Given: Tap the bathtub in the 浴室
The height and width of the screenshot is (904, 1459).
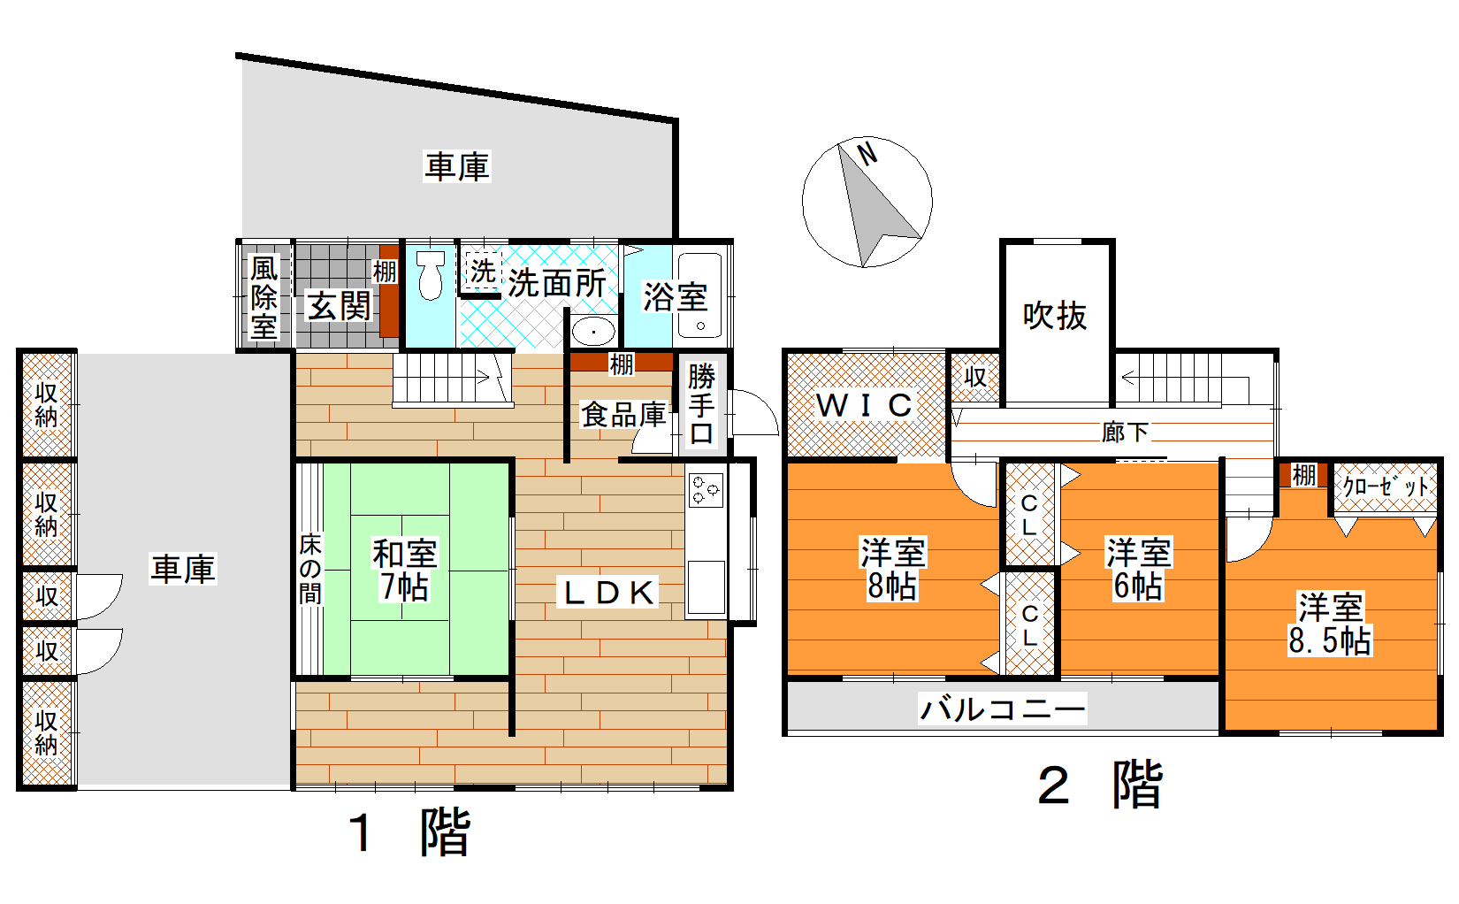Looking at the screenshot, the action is pos(700,295).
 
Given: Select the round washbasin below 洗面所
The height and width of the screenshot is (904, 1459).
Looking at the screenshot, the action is pos(593,331).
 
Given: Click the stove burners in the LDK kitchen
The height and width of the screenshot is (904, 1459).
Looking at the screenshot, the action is pos(706,489).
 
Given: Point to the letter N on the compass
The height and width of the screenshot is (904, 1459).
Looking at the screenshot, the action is pos(867,154).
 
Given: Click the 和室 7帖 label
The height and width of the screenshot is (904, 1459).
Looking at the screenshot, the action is pos(404,570).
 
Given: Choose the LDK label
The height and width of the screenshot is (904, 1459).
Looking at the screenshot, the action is pos(607,593).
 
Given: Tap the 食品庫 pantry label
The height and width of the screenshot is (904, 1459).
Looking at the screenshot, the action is pos(623,415).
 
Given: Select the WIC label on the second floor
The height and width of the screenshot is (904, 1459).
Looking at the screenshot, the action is pos(864,405).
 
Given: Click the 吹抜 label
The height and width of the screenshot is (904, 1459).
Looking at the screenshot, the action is pos(1055,316).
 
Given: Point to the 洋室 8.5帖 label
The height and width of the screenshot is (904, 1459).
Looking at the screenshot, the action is pos(1330,624).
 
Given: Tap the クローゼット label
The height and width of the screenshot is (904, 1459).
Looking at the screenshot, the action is pos(1386,486).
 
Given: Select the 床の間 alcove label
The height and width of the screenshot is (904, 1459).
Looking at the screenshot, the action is pos(310,569).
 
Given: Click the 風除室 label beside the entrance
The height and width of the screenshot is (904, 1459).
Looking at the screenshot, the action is pos(264,297).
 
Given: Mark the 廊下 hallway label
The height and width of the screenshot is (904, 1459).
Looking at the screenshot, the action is pos(1125,433).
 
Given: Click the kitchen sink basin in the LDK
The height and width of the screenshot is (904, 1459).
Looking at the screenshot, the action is pos(706,586).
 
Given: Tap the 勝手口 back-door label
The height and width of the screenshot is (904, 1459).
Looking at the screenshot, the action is pos(701,405).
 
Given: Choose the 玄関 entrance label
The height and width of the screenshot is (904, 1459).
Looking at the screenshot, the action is pos(339,306).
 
